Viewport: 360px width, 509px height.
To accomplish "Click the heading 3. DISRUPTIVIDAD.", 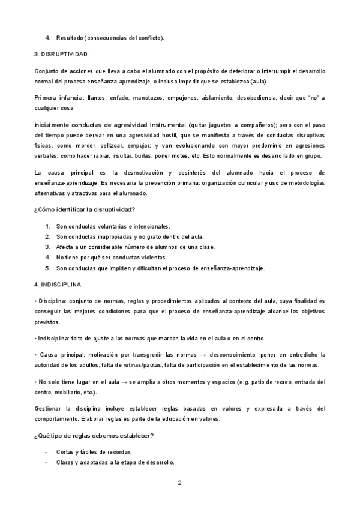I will [x=62, y=55].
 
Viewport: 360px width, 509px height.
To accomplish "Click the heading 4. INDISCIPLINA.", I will [x=59, y=283].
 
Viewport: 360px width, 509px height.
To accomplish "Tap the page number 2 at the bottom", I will [x=179, y=483].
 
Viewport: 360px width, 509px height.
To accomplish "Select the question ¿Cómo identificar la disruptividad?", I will [x=85, y=209].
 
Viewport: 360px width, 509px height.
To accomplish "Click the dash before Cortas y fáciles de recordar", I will [x=47, y=451].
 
